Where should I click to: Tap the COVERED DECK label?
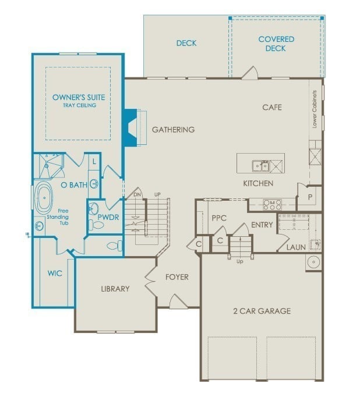point(276,44)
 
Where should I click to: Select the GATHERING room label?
point(173,129)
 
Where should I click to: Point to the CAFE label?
point(272,107)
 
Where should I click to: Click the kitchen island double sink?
point(260,166)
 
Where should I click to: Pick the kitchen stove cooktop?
point(272,204)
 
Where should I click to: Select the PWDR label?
point(108,218)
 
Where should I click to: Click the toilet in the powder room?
point(113,246)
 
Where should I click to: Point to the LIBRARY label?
point(115,289)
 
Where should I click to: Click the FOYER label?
point(177,277)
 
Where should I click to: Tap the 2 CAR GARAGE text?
point(262,311)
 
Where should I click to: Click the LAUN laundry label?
point(296,247)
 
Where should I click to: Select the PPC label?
point(219,218)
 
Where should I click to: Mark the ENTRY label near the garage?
point(262,225)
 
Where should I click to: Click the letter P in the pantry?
point(310,197)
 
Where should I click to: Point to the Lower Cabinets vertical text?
point(315,109)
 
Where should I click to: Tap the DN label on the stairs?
point(137,194)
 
